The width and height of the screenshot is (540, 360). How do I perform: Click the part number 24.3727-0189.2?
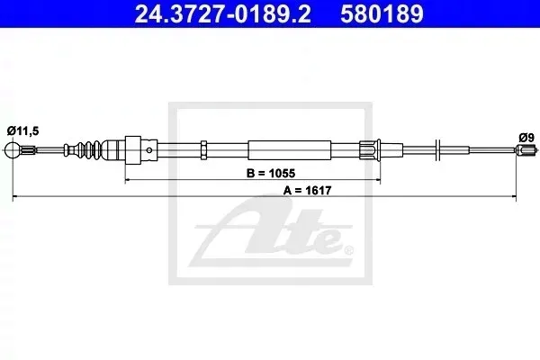(x=223, y=13)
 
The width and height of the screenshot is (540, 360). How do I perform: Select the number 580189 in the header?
(x=382, y=13)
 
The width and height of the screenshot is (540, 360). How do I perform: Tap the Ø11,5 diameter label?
(x=23, y=130)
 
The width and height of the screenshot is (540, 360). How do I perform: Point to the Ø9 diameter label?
(x=526, y=138)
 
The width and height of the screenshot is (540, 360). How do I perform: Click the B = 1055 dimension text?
(x=271, y=173)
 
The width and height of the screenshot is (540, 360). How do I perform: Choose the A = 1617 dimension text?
(x=307, y=190)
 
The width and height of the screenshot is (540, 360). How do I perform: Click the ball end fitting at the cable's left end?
(x=13, y=150)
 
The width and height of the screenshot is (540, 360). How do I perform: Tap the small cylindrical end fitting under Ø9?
(x=526, y=150)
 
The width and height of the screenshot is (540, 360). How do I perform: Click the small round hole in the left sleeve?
(x=149, y=150)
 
